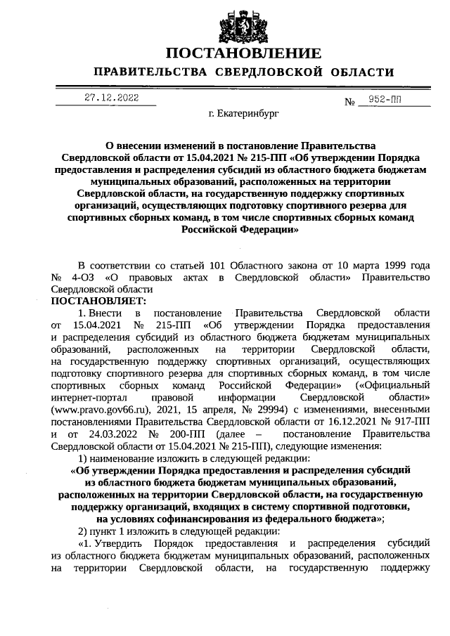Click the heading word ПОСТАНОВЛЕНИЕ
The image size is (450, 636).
point(243,53)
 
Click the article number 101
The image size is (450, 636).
point(214,265)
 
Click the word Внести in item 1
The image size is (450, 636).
point(108,313)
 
